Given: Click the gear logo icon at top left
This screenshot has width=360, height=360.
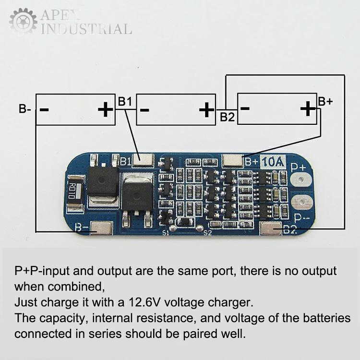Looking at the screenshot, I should pos(23,22).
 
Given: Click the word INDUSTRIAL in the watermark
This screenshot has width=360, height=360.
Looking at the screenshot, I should pos(87,29).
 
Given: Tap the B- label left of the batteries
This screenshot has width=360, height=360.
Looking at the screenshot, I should pos(25,109).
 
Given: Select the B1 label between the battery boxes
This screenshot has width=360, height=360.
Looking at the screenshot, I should pos(125,101).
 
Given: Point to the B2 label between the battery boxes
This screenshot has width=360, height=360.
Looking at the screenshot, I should pos(227,116).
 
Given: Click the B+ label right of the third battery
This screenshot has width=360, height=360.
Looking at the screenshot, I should pos(325,101).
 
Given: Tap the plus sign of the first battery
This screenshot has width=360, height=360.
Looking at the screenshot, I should pos(104,110).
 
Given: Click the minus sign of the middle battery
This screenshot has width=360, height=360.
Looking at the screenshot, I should pos(144,110).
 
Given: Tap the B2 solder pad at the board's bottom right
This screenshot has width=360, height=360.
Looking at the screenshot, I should pos(271,230).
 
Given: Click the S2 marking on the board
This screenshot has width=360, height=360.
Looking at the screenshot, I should pos(207,233).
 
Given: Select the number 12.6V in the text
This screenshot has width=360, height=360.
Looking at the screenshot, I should pos(145,303).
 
